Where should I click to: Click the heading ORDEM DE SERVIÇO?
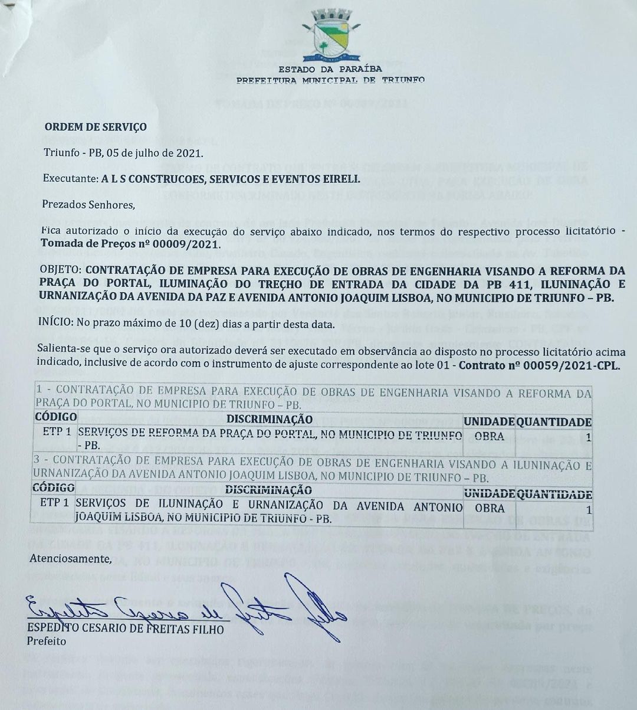pyautogui.click(x=96, y=127)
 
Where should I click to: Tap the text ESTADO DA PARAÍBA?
pyautogui.click(x=330, y=70)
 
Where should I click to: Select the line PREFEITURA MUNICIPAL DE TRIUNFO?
pyautogui.click(x=330, y=80)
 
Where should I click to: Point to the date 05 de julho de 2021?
pyautogui.click(x=153, y=153)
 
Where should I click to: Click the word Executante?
pyautogui.click(x=70, y=178)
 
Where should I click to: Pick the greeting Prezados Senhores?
pyautogui.click(x=88, y=205)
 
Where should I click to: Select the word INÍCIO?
pyautogui.click(x=54, y=324)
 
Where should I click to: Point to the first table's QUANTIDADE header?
pyautogui.click(x=554, y=422)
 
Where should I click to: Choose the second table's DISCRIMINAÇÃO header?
pyautogui.click(x=269, y=490)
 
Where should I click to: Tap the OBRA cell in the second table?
pyautogui.click(x=490, y=508)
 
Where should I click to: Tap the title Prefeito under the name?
pyautogui.click(x=47, y=641)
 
